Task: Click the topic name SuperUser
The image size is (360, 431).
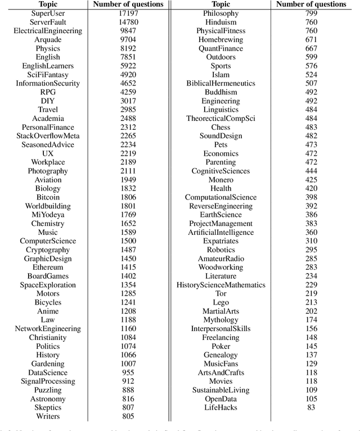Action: click(x=47, y=13)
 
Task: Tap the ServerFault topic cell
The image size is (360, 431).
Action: click(x=47, y=22)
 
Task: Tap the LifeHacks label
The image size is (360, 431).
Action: click(x=220, y=407)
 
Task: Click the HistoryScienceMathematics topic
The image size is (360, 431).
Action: click(x=220, y=285)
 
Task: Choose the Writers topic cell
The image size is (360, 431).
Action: click(x=47, y=416)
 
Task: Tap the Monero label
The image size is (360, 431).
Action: click(x=220, y=180)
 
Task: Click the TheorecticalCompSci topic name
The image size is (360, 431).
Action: click(x=220, y=119)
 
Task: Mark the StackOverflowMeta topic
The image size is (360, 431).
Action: click(x=47, y=136)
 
